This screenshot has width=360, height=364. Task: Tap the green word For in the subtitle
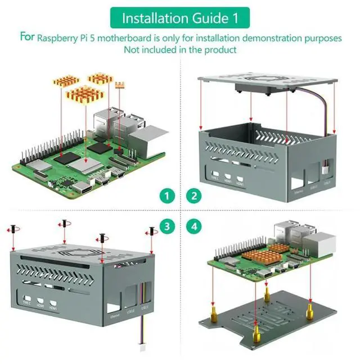[28, 38]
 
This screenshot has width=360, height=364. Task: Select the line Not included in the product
[180, 49]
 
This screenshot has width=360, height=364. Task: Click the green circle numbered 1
[166, 196]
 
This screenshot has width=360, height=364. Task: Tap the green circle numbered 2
[194, 196]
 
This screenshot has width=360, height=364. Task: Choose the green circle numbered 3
[166, 227]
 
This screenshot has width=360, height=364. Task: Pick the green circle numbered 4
[194, 227]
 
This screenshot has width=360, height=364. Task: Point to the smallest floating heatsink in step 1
[119, 85]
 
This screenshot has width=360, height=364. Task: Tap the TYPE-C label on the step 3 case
[28, 303]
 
